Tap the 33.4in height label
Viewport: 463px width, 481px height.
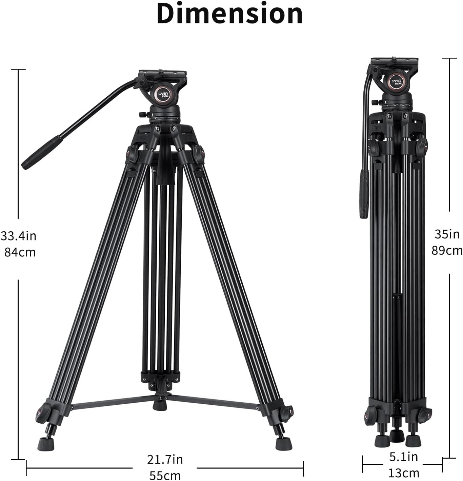(x=19, y=236)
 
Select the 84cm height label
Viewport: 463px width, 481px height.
(x=20, y=252)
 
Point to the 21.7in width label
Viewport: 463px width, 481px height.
(x=165, y=459)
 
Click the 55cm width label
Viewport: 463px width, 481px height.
(x=165, y=475)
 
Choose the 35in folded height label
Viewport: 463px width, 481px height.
(x=447, y=234)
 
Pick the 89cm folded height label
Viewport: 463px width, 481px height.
(x=447, y=250)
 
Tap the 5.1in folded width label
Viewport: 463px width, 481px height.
(x=403, y=457)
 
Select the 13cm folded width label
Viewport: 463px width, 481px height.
(x=404, y=473)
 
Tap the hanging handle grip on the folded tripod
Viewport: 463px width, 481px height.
(x=364, y=194)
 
